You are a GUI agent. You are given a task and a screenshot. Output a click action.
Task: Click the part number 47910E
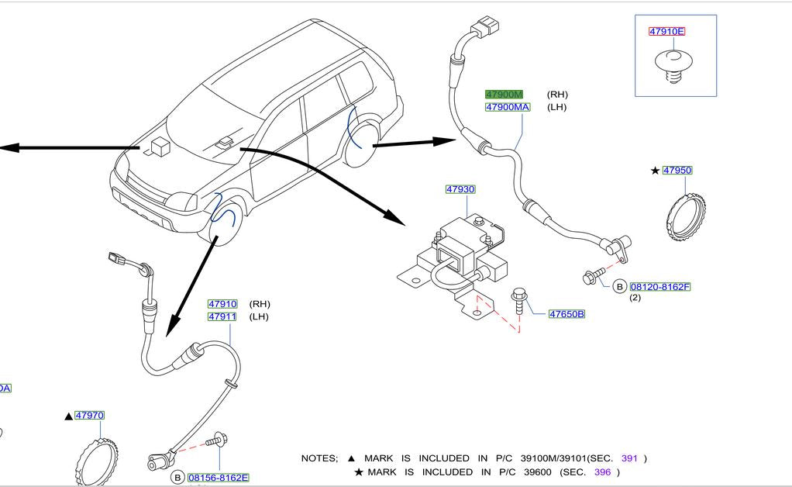tap(666, 32)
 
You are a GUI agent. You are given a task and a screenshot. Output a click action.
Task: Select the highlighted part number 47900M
tap(504, 94)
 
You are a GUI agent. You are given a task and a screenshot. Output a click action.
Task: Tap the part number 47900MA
tap(508, 107)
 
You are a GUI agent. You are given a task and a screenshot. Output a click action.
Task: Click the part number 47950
tap(677, 171)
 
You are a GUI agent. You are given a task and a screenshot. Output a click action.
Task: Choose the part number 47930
tap(460, 189)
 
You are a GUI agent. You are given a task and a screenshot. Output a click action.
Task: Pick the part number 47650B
tap(566, 314)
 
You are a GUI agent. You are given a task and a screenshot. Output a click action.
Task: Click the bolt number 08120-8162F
tap(659, 287)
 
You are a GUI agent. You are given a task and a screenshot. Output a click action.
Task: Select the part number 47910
tap(222, 304)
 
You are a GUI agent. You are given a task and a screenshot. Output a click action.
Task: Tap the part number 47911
tap(222, 316)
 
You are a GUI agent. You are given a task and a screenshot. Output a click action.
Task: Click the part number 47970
tap(89, 416)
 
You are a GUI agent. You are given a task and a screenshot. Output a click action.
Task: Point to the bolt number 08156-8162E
tap(218, 478)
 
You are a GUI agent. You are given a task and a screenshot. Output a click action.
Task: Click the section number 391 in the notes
tap(628, 458)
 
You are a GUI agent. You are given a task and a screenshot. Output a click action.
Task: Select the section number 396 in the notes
tap(602, 471)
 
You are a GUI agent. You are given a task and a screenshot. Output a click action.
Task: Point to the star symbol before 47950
tap(655, 171)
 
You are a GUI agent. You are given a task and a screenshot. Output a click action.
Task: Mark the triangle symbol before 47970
tap(69, 416)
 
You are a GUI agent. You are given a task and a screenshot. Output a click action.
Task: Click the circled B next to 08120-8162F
tap(619, 287)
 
